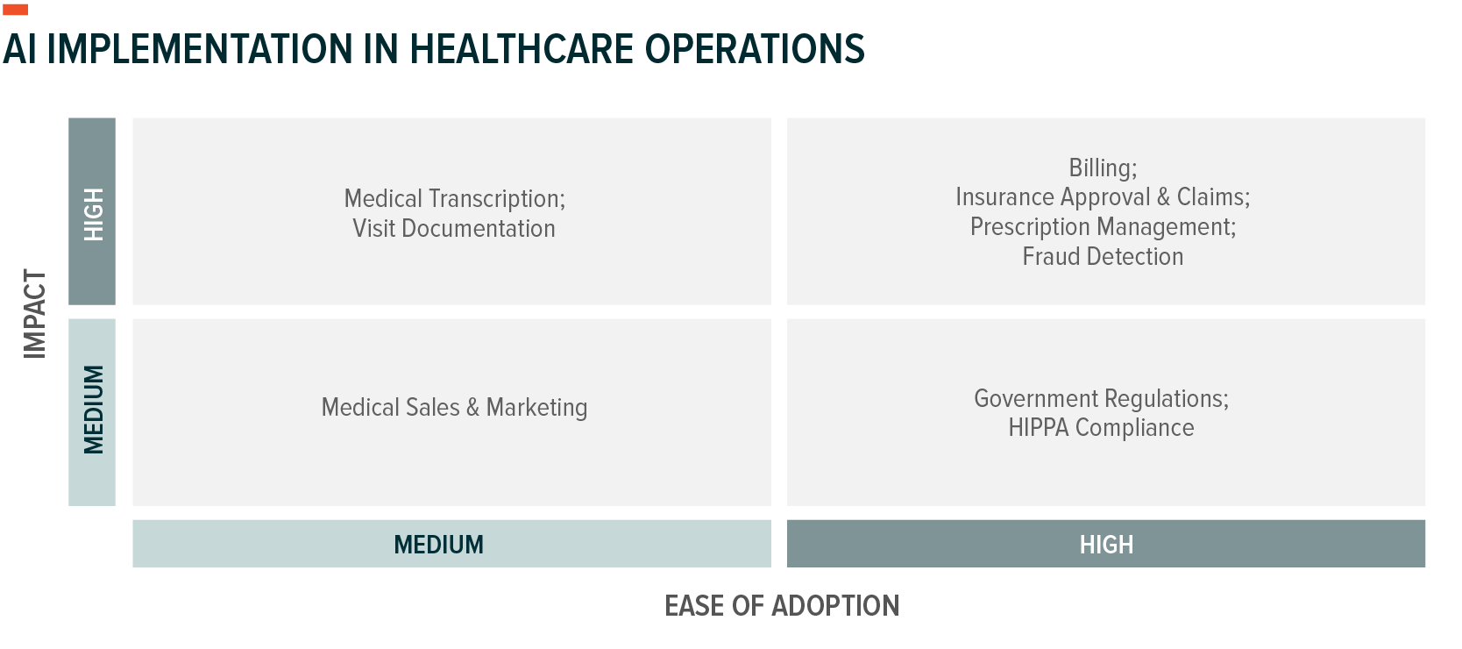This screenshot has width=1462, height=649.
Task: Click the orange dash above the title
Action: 15,10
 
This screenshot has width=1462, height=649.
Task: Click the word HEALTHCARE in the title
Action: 522,50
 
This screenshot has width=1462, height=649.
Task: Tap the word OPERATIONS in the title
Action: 755,50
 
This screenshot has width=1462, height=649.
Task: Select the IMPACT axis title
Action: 35,314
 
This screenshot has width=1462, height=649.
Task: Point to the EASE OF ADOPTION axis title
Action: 782,606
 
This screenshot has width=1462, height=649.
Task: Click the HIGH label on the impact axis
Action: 94,214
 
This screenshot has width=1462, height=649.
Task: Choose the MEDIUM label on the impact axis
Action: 94,410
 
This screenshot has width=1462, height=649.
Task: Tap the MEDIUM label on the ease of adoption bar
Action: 438,545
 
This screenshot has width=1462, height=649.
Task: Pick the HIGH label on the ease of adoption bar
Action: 1106,545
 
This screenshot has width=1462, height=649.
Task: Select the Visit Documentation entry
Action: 454,229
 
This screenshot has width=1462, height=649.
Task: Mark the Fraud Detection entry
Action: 1103,257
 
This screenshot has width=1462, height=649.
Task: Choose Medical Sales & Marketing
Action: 454,408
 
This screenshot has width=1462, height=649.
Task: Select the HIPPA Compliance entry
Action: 1102,428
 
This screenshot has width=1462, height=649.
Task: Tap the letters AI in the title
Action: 19,50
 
